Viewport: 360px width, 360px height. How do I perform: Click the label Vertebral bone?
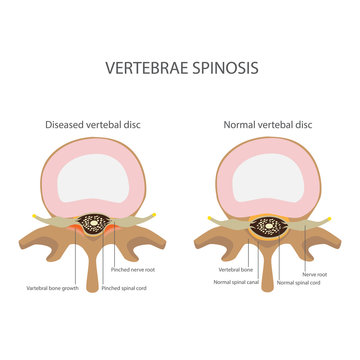tap(236, 269)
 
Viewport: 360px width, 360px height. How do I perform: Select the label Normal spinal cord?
tap(299, 281)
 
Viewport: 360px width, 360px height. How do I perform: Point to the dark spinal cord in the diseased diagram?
tap(96, 225)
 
